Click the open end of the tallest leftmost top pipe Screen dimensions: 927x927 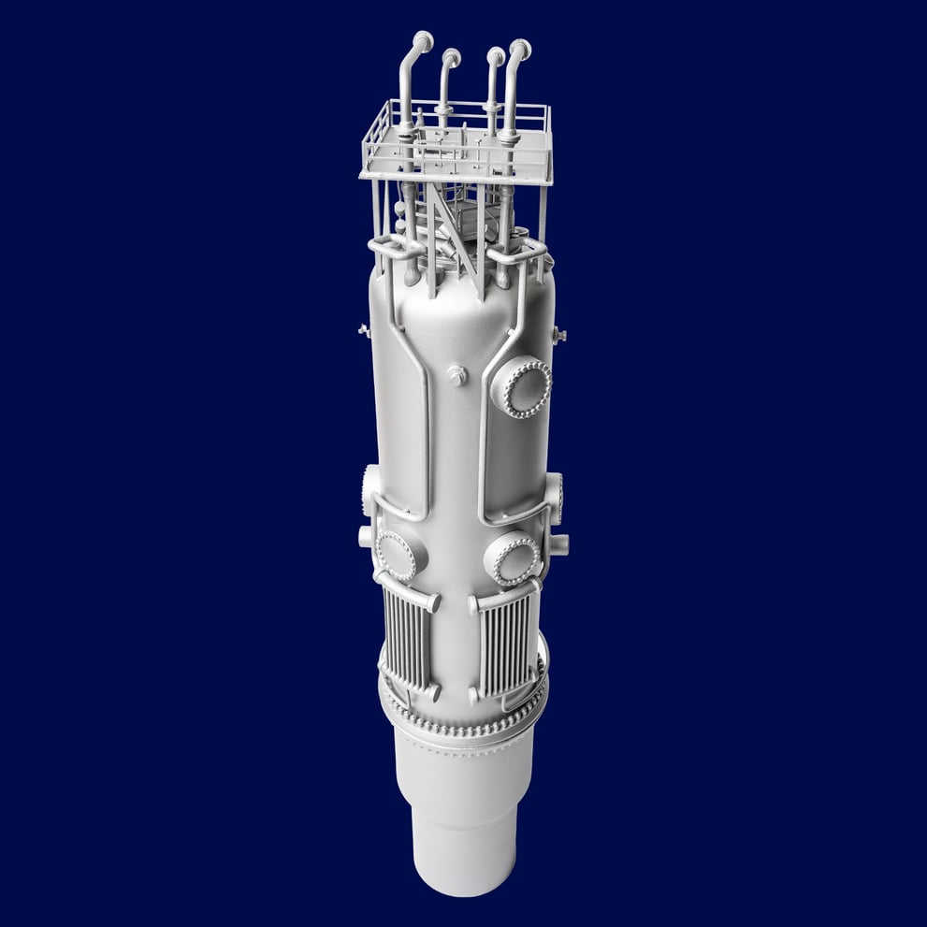pyautogui.click(x=424, y=40)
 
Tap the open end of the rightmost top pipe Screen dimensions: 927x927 pyautogui.click(x=522, y=47)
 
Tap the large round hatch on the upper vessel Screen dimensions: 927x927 pyautogui.click(x=521, y=387)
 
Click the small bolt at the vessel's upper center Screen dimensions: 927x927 pyautogui.click(x=457, y=375)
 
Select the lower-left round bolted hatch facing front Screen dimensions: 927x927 pyautogui.click(x=397, y=555)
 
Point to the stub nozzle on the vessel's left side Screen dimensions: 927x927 pyautogui.click(x=366, y=537)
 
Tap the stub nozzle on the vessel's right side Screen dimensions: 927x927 pyautogui.click(x=559, y=543)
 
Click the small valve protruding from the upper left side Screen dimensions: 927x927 pyautogui.click(x=364, y=329)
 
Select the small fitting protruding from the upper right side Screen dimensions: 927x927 pyautogui.click(x=559, y=334)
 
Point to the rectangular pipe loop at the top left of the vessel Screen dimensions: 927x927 pyautogui.click(x=393, y=248)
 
